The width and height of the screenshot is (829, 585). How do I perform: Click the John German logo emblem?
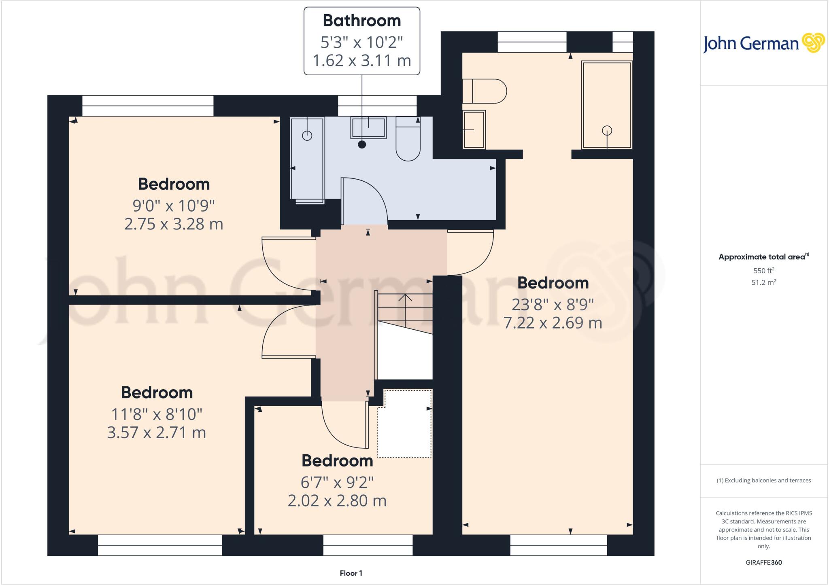pos(813,43)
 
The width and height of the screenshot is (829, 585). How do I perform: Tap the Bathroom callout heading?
pos(361,21)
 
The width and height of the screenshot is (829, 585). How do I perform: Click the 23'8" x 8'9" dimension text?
pos(553,304)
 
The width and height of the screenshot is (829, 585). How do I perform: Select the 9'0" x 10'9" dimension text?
pos(173,206)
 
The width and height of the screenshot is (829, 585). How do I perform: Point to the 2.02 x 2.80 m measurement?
pos(337,501)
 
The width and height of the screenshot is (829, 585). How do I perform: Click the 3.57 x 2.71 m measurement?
pos(156,432)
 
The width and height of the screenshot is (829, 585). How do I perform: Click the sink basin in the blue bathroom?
pos(368,128)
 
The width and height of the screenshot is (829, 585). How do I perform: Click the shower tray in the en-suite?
pos(606,105)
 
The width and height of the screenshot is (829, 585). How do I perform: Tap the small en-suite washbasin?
pos(474,129)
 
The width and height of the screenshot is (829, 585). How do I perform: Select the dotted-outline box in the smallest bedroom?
pos(405,424)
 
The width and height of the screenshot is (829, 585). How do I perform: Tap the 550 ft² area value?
pos(763,271)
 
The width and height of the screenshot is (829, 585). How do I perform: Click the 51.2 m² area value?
pos(763,282)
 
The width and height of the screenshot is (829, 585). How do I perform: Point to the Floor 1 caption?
pos(351,573)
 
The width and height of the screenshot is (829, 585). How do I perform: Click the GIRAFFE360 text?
pos(763,562)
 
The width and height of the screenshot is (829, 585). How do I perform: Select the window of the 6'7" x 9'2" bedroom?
pos(368,545)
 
